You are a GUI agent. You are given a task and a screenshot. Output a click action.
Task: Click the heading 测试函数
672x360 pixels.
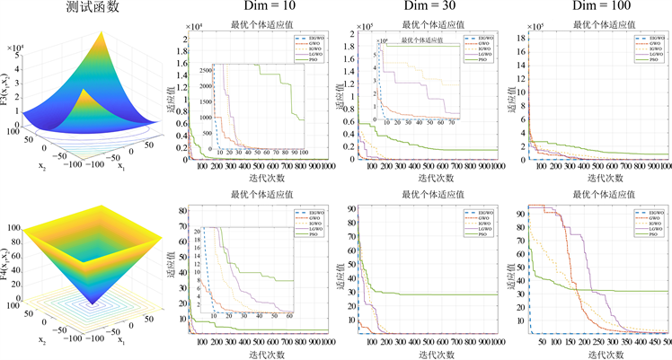(92, 8)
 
